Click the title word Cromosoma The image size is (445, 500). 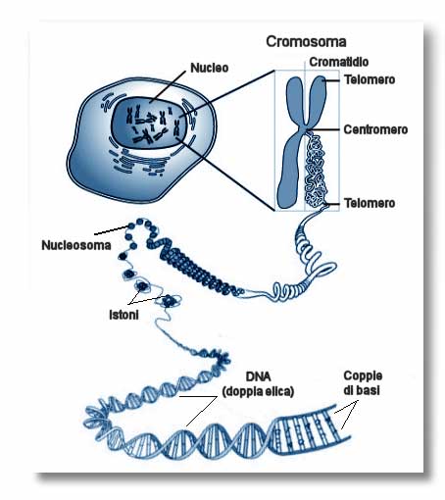point(306,41)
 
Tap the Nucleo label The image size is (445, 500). point(210,68)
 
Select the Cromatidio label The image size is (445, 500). point(339,62)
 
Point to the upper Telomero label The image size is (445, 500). point(370,79)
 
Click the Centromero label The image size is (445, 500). point(375,129)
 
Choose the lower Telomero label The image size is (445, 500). point(370,203)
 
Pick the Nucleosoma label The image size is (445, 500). point(76,245)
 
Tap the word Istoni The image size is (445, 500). point(124,315)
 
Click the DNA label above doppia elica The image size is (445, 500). point(258,376)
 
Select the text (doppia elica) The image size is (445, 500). point(258,391)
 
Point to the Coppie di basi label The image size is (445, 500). point(363,382)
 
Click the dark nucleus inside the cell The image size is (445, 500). point(150,125)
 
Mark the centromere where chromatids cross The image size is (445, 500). point(305,129)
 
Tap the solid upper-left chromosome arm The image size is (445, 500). point(295,100)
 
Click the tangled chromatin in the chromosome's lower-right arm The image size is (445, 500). point(316,170)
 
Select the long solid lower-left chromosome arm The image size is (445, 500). point(290,170)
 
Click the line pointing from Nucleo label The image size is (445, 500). point(170,85)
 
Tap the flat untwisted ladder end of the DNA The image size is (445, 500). point(309,429)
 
